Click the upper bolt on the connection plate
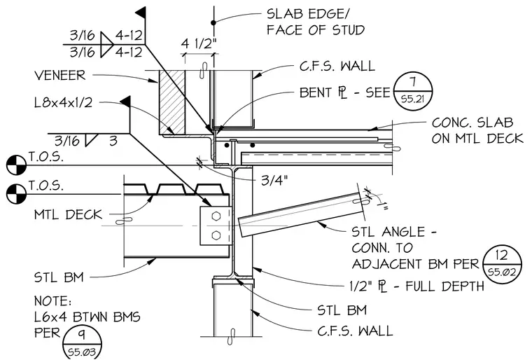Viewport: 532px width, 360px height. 216,216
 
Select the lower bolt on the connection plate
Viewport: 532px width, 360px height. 216,235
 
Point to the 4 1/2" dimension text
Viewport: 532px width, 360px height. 199,44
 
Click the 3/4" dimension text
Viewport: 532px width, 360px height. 274,180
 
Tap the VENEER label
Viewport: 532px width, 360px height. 60,75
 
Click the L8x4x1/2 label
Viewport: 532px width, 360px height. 64,102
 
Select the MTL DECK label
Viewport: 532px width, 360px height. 68,214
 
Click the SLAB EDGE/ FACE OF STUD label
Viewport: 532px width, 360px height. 316,22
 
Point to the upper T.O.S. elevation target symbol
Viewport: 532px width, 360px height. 16,165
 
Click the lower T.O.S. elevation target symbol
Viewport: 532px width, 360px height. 16,194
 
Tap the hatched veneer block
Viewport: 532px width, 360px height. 172,102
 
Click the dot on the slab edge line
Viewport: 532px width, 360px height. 213,22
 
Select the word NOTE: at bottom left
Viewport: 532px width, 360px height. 52,301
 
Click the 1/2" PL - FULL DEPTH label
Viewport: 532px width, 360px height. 416,286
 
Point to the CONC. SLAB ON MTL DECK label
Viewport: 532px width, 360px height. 477,130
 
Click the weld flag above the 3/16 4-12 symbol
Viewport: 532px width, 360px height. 141,13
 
